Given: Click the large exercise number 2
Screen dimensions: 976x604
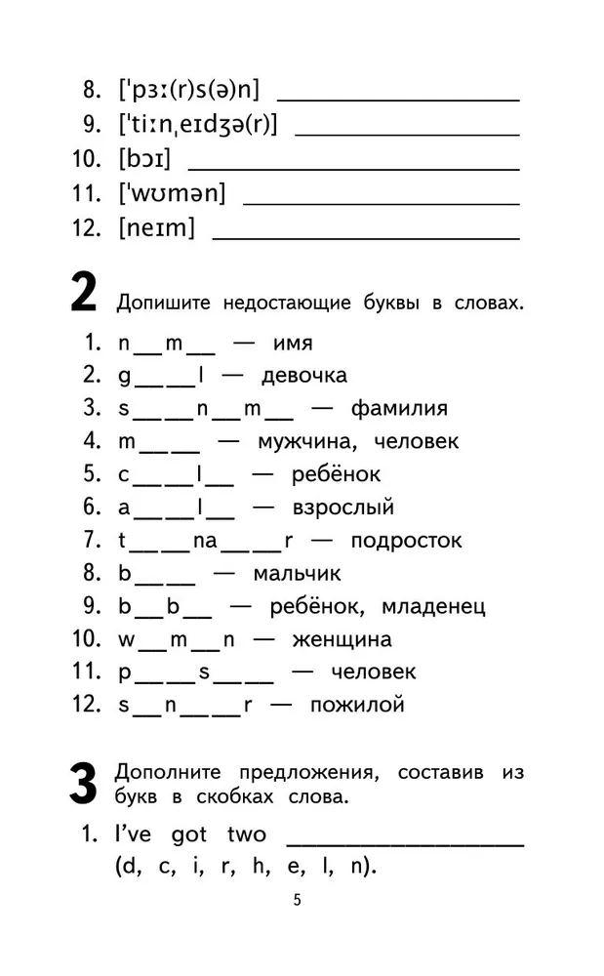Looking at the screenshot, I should pos(83,296).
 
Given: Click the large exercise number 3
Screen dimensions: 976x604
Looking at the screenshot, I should pos(83,783).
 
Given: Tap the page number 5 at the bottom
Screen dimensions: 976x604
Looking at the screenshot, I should pos(298,900).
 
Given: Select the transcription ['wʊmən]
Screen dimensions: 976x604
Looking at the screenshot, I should pos(172,193).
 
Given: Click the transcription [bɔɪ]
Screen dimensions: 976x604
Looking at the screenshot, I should pos(144,159).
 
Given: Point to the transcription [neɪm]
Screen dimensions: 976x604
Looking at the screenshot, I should pos(156,228).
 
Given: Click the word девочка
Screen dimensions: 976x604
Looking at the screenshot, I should pos(302,375).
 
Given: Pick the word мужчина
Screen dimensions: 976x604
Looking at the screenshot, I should pos(298,441).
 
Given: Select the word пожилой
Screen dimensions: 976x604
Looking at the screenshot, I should pos(356,705).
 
